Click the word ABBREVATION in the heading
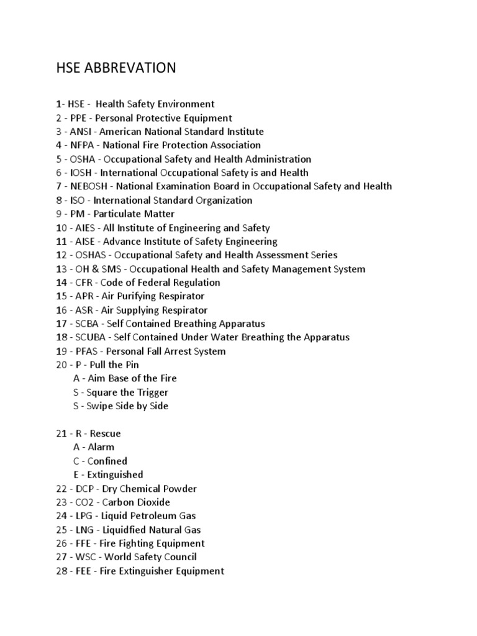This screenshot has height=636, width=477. point(129,68)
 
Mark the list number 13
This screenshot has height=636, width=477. point(61,269)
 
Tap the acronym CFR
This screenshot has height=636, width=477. point(84,283)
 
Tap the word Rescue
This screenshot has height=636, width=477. point(106,433)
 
